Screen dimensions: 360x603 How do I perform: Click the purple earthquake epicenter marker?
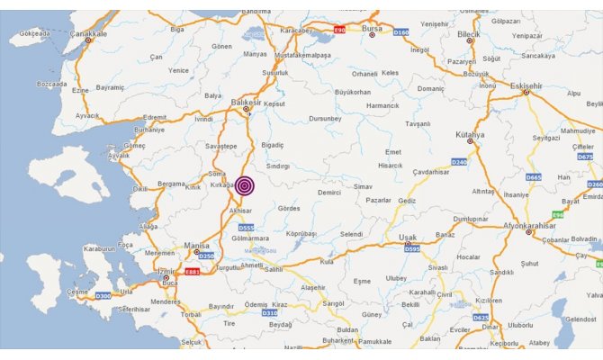[245, 185]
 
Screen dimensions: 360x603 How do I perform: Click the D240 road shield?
[459, 162]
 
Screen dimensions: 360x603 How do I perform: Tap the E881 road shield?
[192, 271]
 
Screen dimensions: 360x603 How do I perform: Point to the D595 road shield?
[412, 247]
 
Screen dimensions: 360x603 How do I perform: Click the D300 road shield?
[103, 295]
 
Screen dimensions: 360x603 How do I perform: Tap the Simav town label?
[363, 185]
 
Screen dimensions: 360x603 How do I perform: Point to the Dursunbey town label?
[324, 118]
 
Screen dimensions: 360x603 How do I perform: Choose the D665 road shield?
[535, 177]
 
